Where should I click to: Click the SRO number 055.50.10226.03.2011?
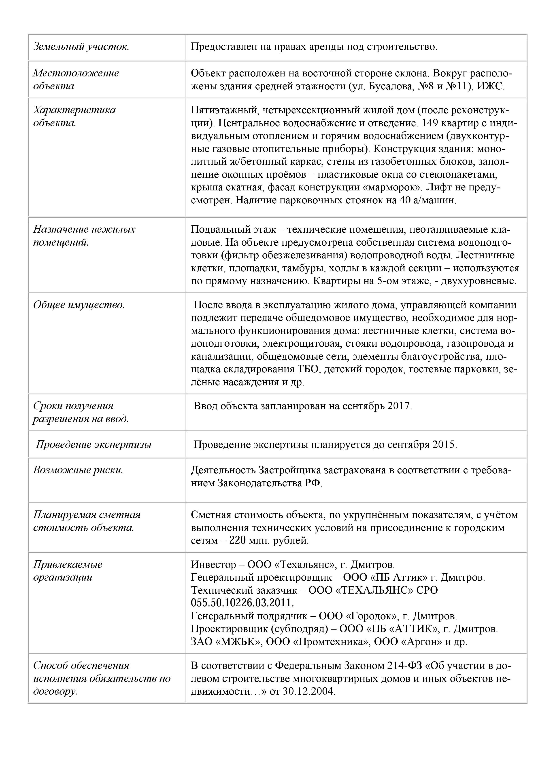(x=242, y=603)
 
